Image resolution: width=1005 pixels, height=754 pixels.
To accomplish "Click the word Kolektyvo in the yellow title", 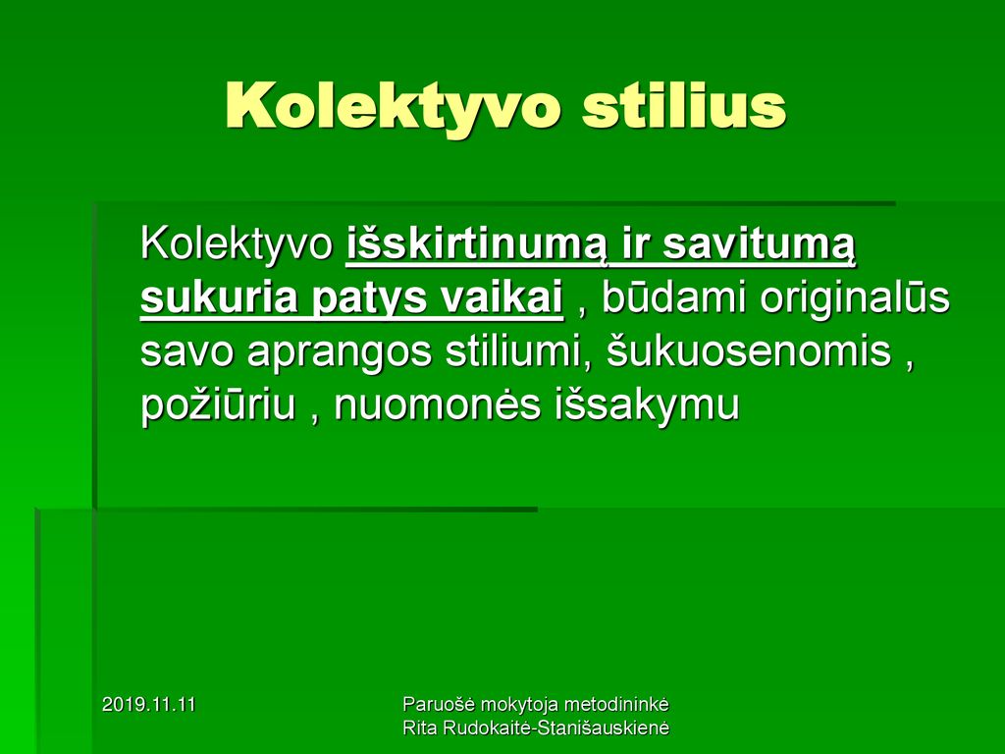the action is pos(394,106).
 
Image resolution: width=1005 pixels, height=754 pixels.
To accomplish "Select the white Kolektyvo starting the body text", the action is pos(237,244).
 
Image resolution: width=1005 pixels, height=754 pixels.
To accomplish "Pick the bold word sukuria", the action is pos(219,298).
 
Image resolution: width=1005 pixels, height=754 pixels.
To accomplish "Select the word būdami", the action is pos(673,297).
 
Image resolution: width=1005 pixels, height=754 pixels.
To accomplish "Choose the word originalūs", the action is pos(855,298).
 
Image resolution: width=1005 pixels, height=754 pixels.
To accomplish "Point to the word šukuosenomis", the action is pos(749,350).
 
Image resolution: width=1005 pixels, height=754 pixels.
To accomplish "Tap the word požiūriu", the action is pos(218,405).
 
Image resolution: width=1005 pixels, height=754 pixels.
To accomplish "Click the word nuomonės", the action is pos(437,405).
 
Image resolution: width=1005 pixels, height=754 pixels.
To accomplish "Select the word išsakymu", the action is pos(647,405).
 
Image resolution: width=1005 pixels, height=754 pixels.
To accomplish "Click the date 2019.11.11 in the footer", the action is pos(149,705).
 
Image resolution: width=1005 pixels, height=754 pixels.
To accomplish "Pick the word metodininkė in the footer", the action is pos(616,704).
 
